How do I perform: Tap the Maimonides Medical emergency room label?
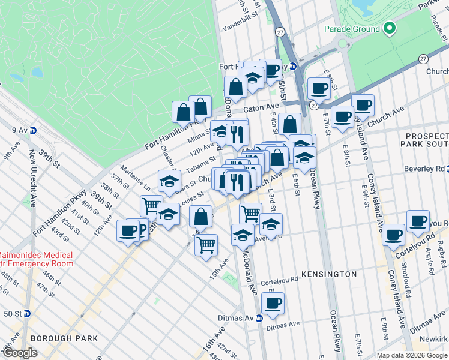pyautogui.click(x=36, y=259)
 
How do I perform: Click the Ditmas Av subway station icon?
pyautogui.click(x=259, y=318)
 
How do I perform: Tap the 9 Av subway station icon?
pyautogui.click(x=34, y=129)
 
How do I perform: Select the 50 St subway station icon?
pyautogui.click(x=26, y=313)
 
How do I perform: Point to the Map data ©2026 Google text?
pyautogui.click(x=411, y=355)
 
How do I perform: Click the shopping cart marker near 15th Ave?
pyautogui.click(x=206, y=244)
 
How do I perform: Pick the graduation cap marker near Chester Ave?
pyautogui.click(x=170, y=180)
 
